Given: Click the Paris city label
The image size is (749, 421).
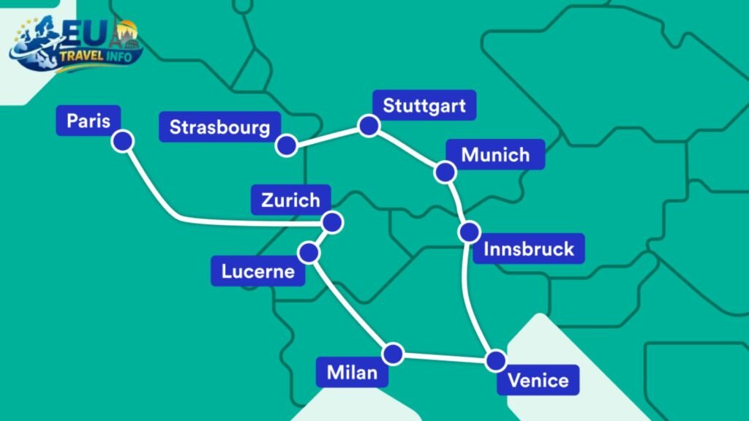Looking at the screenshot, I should point(89,121).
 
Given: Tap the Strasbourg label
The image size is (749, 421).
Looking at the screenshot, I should point(219,127).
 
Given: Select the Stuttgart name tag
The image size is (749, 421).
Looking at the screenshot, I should point(424,105).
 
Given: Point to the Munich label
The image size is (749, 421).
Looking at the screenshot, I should point(495,155).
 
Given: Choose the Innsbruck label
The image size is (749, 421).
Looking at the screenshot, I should point(529,249).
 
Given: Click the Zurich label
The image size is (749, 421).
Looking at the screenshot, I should point(290,200).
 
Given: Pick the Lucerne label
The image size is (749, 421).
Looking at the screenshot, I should point(257,272).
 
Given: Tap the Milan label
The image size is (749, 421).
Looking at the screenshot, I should point(352,373).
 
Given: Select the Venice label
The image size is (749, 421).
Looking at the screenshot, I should point(538,380).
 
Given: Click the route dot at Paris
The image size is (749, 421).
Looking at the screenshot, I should point(122,141).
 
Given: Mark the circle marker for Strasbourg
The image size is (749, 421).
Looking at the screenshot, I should point(286,145).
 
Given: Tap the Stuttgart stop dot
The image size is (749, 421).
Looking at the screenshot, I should point(368,126).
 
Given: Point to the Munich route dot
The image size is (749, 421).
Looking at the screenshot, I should point(445,172).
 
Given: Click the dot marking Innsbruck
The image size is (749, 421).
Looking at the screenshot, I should point(470,232).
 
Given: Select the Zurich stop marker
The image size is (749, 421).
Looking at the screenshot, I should point(333,222).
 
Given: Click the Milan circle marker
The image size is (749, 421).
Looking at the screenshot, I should point(394,354).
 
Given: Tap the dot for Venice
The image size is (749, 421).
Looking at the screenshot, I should point(496,360).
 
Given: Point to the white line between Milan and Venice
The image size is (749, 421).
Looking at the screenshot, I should point(445,357).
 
